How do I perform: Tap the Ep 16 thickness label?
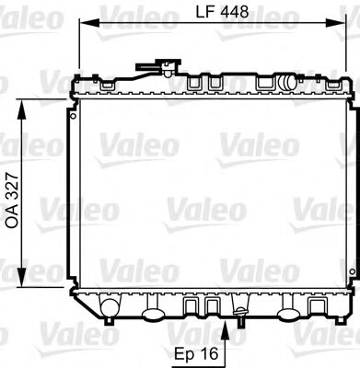[x=196, y=351]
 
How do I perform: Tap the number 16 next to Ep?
[x=211, y=351]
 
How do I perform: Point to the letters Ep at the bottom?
[x=183, y=351]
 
